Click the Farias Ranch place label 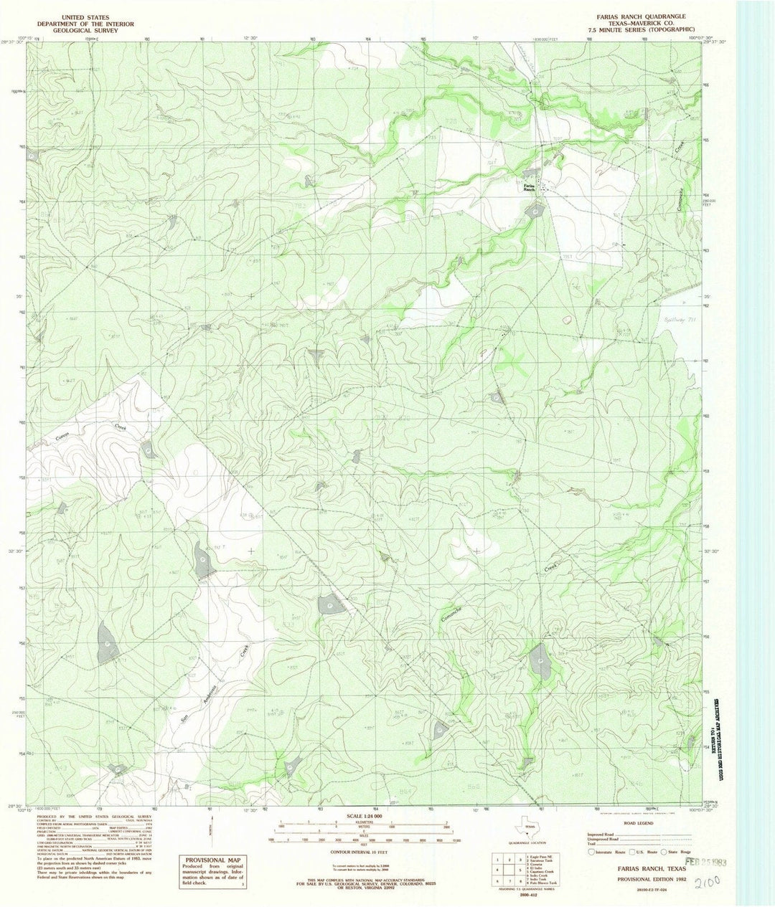click(x=529, y=186)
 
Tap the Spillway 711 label click(x=672, y=320)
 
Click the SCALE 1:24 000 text click(x=365, y=816)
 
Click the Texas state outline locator click(x=530, y=827)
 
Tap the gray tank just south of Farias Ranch click(x=535, y=211)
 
